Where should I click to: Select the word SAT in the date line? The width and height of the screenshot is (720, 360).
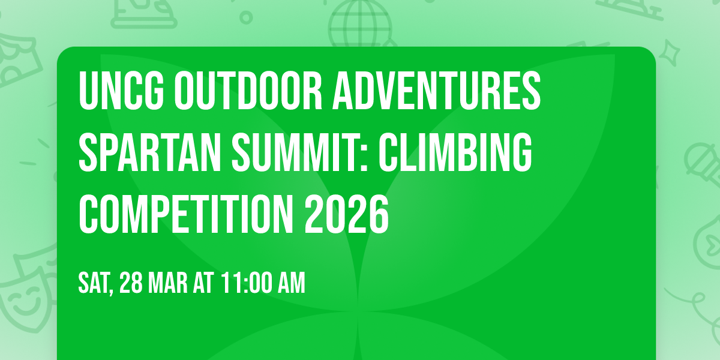(x=94, y=283)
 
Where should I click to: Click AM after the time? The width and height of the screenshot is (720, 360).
(x=293, y=283)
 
